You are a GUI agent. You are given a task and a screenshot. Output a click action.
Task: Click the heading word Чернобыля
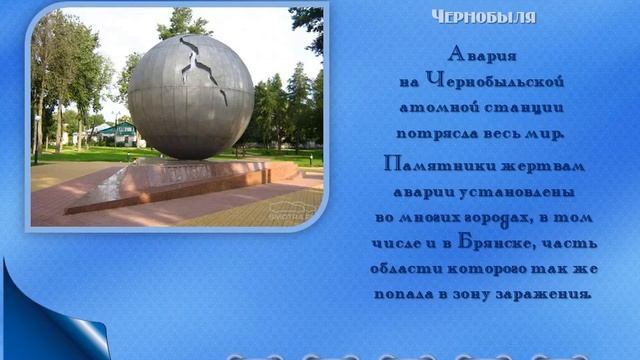pos(484,17)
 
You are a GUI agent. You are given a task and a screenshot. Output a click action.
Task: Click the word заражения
pos(549,293)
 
